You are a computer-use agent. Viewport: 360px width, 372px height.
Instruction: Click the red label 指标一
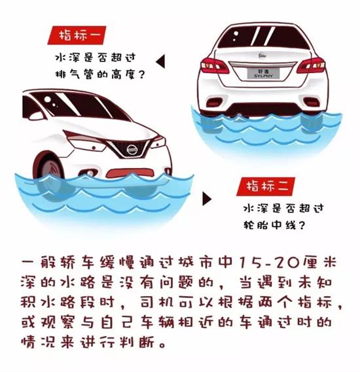pos(77,34)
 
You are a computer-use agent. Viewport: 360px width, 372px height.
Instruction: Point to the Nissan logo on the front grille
pos(132,150)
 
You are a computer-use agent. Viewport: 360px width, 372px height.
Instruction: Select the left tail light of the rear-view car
pos(213,65)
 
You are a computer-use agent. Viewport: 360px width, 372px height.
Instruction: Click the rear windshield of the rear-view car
pos(262,36)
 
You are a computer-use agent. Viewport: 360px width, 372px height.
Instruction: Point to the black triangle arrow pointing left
pos(160,62)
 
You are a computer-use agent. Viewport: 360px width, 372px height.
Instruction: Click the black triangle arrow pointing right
pos(207,199)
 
